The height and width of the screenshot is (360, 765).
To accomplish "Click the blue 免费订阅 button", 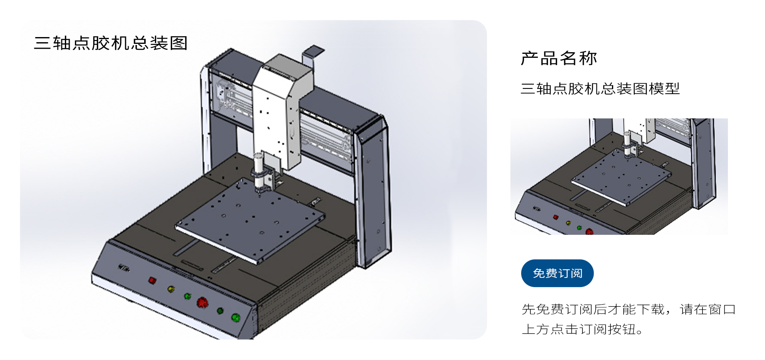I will [557, 273].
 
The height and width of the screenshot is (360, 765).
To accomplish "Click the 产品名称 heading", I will [559, 58].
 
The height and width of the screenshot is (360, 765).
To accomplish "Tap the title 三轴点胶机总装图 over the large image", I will [111, 43].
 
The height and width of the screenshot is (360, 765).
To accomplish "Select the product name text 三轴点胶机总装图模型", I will [600, 89].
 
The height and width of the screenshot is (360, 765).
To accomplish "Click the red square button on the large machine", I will [152, 280].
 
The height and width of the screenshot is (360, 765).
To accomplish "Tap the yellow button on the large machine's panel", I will [171, 289].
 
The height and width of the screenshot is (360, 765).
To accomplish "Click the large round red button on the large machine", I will [202, 303].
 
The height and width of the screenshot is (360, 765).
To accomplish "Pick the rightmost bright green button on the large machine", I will [236, 317].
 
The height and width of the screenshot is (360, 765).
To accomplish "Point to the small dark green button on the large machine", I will [220, 311].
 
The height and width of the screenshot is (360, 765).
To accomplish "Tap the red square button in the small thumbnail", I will [556, 217].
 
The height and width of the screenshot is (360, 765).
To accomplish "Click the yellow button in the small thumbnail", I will [568, 223].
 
